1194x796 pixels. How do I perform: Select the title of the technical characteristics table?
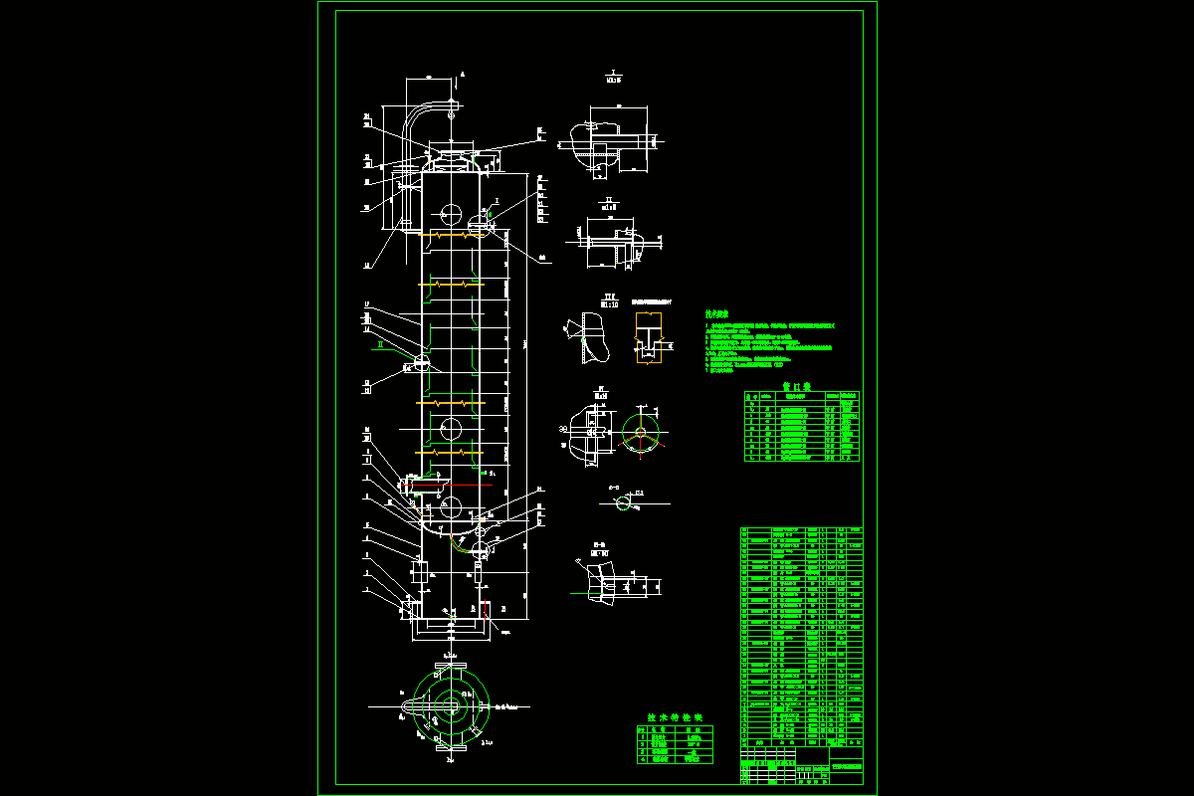tap(675, 716)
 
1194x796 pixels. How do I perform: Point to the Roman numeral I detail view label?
tap(613, 74)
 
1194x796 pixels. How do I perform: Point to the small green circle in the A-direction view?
tap(624, 504)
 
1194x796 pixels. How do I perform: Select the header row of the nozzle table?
tap(801, 396)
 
